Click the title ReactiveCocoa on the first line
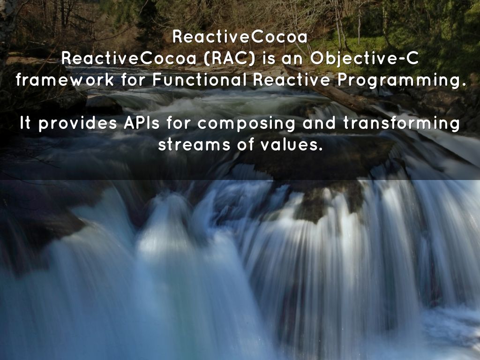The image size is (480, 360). (240, 37)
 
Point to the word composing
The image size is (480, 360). (247, 124)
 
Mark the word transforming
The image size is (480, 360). (401, 124)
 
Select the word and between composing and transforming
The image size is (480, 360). (320, 123)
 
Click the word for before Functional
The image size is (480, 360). (134, 80)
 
